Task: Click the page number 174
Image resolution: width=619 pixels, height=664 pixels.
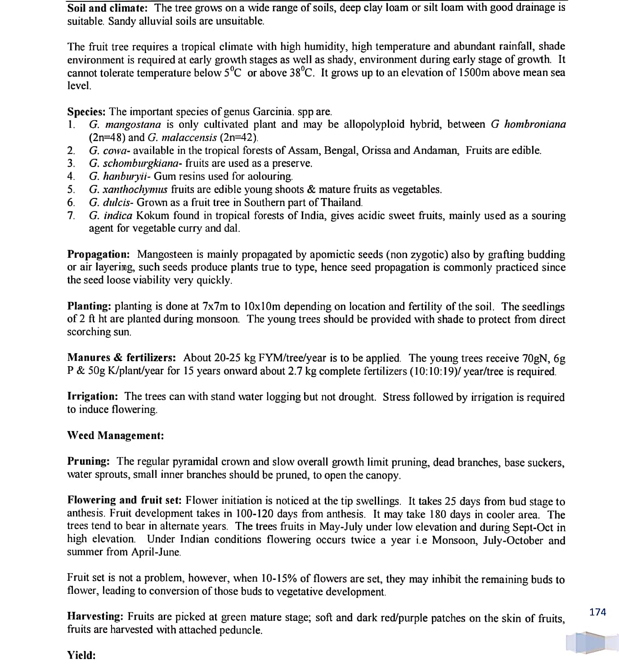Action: [x=597, y=612]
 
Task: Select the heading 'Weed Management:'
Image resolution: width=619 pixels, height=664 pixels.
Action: [x=115, y=435]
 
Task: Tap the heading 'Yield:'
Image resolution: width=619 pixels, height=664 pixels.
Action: [x=81, y=655]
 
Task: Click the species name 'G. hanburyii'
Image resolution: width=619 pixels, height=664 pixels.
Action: [x=119, y=176]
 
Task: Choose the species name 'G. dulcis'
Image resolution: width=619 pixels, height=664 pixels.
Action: [x=111, y=202]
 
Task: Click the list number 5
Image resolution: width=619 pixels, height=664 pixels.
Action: [x=71, y=189]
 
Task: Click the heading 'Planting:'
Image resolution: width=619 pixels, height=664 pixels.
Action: [x=89, y=306]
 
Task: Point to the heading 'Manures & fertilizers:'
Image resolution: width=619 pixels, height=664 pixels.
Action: [x=121, y=358]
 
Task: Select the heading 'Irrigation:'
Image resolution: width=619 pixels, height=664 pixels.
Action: [x=93, y=396]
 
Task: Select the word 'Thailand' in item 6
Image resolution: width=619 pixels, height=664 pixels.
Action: [x=341, y=202]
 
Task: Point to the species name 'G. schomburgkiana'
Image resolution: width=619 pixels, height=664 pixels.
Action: [x=133, y=163]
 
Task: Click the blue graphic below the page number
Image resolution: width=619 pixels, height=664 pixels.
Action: [x=592, y=642]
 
